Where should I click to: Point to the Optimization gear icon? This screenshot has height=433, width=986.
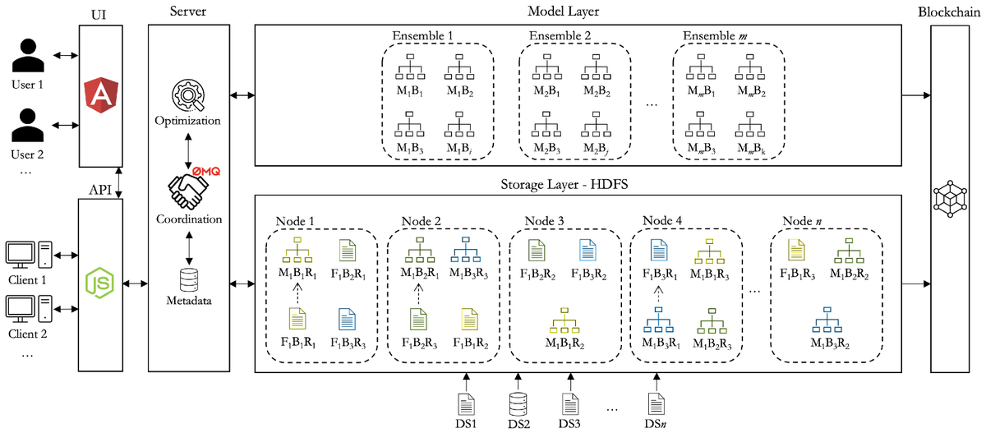pyautogui.click(x=187, y=97)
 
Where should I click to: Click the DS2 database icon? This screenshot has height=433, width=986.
pyautogui.click(x=518, y=403)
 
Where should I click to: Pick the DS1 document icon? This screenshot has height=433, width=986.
pyautogui.click(x=465, y=403)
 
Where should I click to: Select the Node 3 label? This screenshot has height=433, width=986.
pyautogui.click(x=544, y=220)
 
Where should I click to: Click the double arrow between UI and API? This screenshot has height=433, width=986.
pyautogui.click(x=121, y=182)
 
